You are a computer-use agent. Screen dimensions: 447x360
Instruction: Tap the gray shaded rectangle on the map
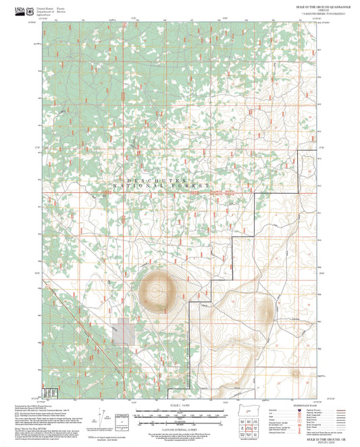(x=123, y=334)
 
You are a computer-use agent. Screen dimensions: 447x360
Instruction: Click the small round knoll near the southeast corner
(x=295, y=373)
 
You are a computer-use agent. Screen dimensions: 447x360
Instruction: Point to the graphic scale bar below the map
(x=180, y=413)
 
